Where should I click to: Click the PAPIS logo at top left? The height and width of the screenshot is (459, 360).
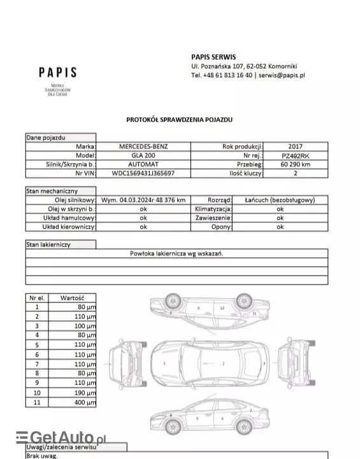(x=57, y=73)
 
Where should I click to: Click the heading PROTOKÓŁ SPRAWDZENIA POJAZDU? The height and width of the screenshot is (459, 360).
(x=179, y=119)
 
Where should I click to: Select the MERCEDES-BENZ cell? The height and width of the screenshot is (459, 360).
(x=144, y=146)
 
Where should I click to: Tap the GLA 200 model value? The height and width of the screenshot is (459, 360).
(x=144, y=155)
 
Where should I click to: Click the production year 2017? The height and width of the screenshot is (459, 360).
(x=295, y=146)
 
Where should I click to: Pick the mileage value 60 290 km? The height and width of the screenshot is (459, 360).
(x=295, y=164)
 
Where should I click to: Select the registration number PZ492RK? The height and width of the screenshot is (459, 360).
(x=295, y=155)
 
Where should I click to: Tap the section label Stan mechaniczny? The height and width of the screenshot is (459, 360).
(x=52, y=190)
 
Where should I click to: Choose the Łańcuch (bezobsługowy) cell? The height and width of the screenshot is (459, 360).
(x=280, y=200)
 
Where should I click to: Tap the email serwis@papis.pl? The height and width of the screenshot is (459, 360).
(x=282, y=75)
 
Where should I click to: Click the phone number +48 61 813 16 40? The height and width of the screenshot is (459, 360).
(x=227, y=75)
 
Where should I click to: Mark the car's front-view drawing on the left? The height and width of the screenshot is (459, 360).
(x=126, y=364)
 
